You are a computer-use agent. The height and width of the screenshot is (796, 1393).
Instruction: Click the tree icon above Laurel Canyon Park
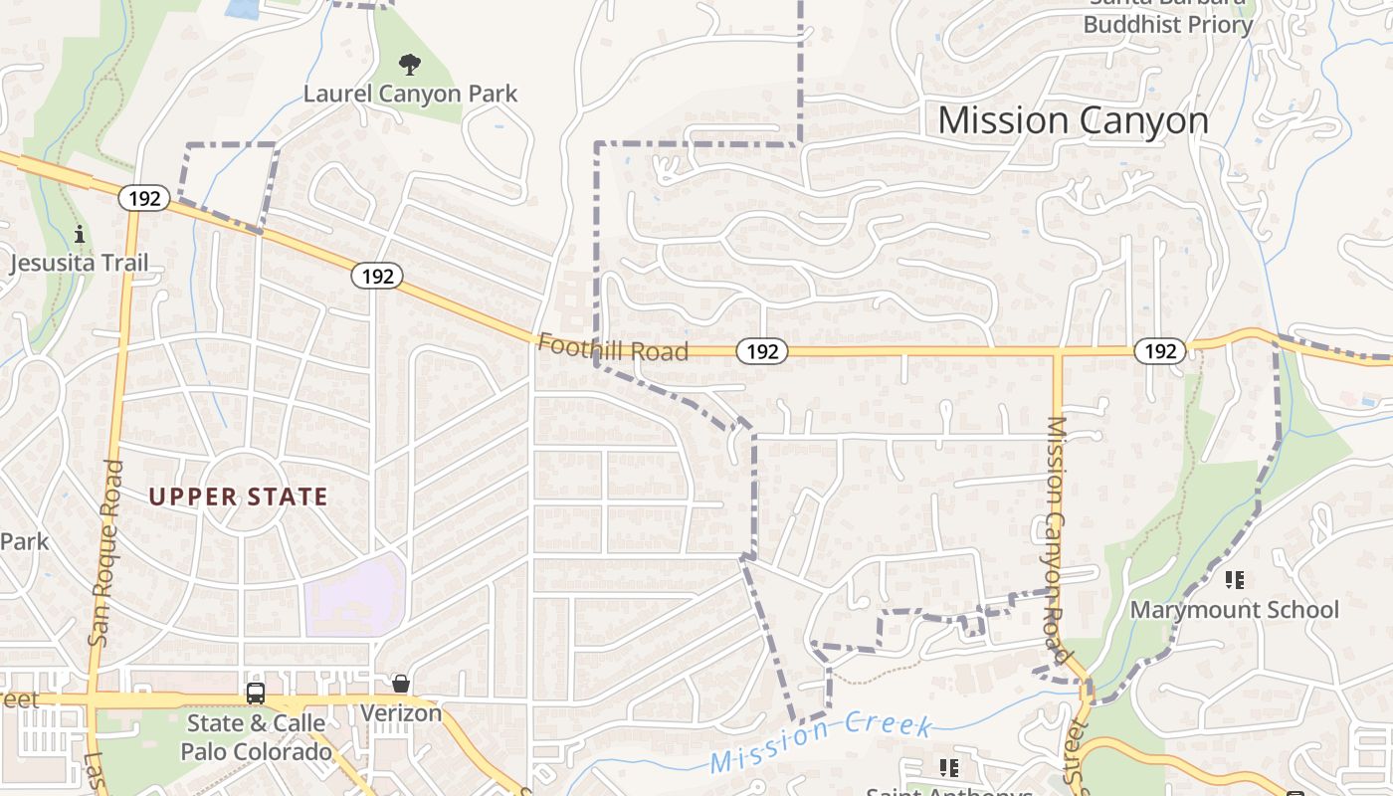tap(409, 66)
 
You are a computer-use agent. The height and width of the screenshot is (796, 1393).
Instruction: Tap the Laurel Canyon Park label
tap(410, 95)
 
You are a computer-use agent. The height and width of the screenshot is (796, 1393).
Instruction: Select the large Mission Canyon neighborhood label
tap(1073, 120)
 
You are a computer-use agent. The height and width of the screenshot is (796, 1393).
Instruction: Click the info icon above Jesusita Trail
tap(80, 235)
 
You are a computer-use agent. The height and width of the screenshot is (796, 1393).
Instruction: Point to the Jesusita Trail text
tap(79, 264)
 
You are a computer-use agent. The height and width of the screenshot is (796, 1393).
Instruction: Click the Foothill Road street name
tap(612, 348)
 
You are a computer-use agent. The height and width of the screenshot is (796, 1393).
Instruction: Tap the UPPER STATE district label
tap(239, 497)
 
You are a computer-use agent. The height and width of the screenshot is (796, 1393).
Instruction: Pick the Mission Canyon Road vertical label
tap(1056, 539)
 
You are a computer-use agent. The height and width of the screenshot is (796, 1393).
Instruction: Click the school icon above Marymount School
tap(1235, 579)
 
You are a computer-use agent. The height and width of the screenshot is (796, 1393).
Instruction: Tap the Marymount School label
tap(1235, 609)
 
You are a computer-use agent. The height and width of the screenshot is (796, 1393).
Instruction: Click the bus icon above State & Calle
tap(256, 694)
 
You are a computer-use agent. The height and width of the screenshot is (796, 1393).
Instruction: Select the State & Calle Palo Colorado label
tap(256, 737)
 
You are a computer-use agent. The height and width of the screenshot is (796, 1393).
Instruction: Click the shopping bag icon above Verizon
tap(401, 684)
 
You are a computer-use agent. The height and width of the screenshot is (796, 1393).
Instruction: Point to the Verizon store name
tap(401, 713)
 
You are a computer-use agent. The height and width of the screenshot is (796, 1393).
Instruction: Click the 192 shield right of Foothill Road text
tap(762, 350)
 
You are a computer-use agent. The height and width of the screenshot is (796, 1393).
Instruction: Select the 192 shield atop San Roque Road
tap(144, 198)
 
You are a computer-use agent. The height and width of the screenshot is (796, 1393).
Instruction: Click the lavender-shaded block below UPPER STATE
tap(354, 597)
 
